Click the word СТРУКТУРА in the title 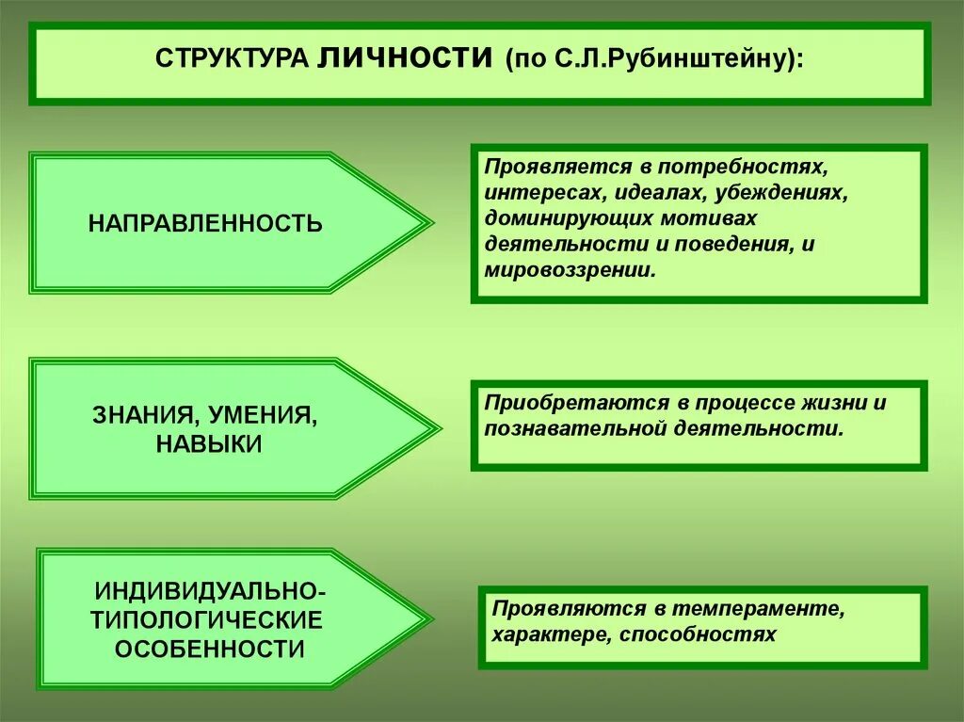[x=232, y=59]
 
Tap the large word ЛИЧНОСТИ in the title [x=406, y=56]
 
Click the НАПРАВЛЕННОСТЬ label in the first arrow [x=205, y=224]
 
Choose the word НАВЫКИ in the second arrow [x=209, y=444]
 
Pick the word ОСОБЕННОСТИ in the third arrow [x=210, y=649]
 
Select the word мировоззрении [x=568, y=269]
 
